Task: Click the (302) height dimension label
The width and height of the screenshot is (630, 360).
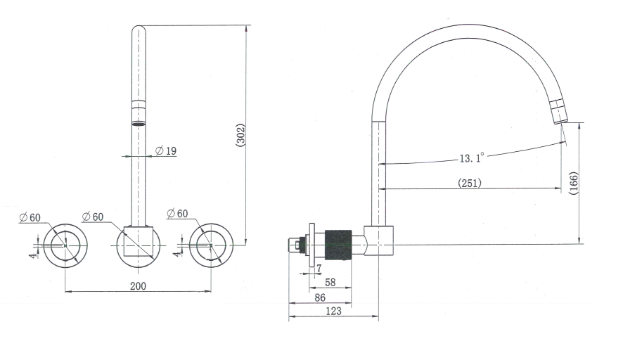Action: coord(240,136)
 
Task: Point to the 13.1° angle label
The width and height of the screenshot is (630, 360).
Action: coord(471,158)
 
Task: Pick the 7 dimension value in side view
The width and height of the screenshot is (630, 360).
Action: coord(319,268)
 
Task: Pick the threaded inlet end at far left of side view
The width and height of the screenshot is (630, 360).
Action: coord(296,245)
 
